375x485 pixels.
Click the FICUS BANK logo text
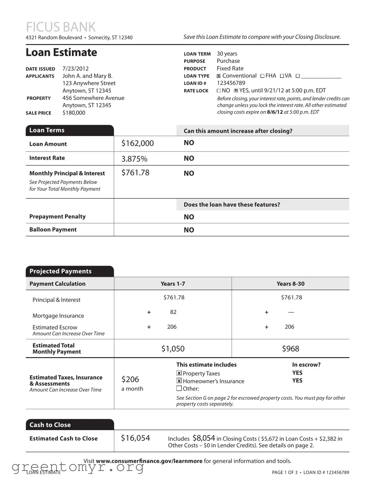[x=60, y=27]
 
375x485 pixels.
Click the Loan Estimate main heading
[x=61, y=52]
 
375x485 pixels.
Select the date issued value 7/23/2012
[x=75, y=68]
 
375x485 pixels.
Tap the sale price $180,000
[x=74, y=113]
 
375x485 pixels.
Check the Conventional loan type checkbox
[x=219, y=76]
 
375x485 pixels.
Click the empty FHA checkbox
[x=262, y=76]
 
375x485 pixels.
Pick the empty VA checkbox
[x=282, y=76]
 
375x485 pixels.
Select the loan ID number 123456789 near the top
[x=231, y=83]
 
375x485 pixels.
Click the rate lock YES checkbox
[x=236, y=91]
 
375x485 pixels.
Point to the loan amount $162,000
[x=137, y=143]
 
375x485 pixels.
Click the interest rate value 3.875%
[x=134, y=159]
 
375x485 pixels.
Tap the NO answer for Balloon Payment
[x=189, y=230]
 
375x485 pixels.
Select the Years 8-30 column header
[x=290, y=284]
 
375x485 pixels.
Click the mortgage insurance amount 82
[x=173, y=312]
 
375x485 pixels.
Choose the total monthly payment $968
[x=290, y=349]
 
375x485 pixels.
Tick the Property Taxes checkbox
[x=179, y=373]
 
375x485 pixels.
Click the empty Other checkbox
[x=179, y=388]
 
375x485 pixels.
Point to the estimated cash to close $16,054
[x=135, y=438]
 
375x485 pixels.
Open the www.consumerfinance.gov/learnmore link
[x=149, y=461]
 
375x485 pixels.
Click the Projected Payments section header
[x=60, y=271]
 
